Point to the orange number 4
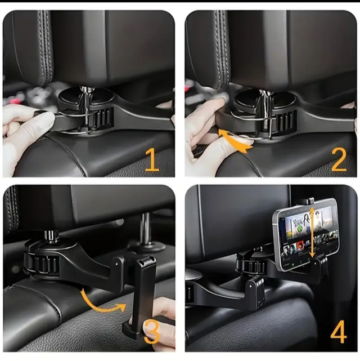pos(339,331)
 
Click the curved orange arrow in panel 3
pos(101,304)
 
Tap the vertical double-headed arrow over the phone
pos(312,232)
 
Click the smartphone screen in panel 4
pos(308,237)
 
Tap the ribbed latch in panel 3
pos(46,264)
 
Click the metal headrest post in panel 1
pos(88,106)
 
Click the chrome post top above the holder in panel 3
pos(51,236)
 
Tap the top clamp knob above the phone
pos(308,200)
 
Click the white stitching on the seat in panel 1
pos(47,46)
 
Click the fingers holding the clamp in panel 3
pos(159,322)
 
